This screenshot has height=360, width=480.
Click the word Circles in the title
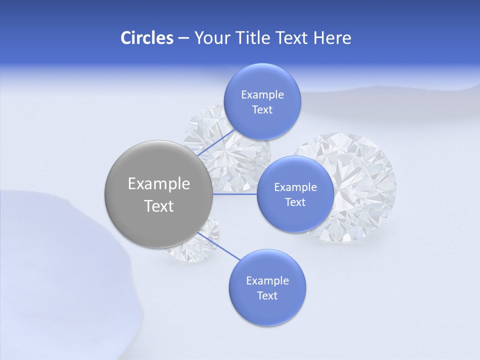coord(146,38)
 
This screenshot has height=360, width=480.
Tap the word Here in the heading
coord(332,38)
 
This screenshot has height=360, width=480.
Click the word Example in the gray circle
coord(159,184)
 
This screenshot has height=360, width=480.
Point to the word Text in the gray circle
coord(159,206)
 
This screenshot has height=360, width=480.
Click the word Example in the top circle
coord(262,95)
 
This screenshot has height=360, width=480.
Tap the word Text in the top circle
coord(262,110)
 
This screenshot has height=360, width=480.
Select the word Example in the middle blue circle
coord(295,187)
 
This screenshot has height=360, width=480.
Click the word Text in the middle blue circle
coord(295,202)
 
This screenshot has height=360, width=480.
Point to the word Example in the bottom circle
coord(267,281)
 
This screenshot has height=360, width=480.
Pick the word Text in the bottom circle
coord(267,296)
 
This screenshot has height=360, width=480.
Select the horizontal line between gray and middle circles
coord(235,193)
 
